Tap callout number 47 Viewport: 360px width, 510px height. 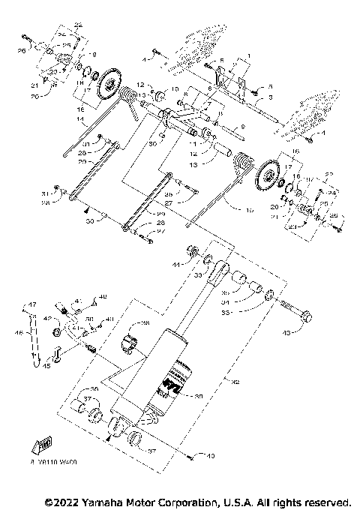tap(32, 304)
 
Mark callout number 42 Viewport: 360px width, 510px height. tap(47, 319)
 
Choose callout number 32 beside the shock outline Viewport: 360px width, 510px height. tap(236, 382)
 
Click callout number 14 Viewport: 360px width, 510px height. tap(81, 118)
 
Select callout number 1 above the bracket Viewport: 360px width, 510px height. tap(241, 56)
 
